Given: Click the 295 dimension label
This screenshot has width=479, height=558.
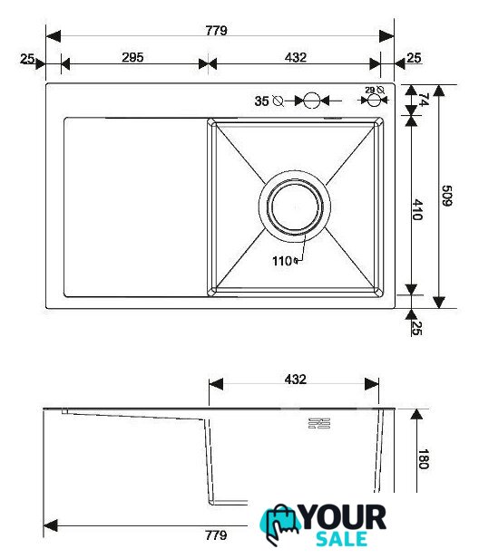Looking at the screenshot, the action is [132, 57].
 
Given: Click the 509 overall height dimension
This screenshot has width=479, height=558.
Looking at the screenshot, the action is [447, 196].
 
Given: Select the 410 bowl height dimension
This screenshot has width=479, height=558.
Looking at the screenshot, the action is [417, 209].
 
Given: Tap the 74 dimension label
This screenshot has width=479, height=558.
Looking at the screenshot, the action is [424, 100].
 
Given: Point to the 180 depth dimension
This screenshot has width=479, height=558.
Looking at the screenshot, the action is [424, 459].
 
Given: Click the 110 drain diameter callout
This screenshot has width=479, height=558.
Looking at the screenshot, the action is [285, 261].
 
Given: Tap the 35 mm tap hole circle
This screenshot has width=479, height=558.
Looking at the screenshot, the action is [311, 101].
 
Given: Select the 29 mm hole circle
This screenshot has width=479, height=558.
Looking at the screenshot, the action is [373, 101].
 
